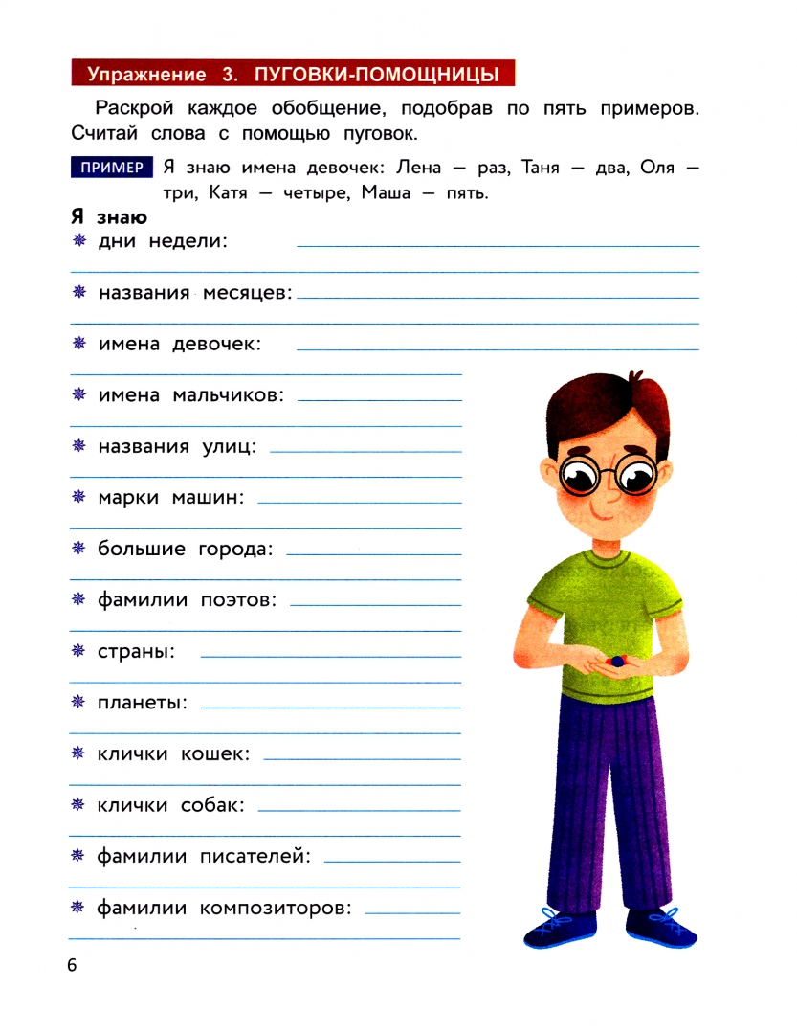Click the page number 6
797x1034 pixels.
tap(72, 965)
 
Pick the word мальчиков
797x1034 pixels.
tap(229, 395)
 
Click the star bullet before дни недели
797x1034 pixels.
tap(79, 241)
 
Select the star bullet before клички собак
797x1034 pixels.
tap(79, 805)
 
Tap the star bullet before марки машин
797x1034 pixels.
tap(79, 497)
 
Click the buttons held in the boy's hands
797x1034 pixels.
tap(616, 660)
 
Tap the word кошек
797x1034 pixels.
tap(215, 754)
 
